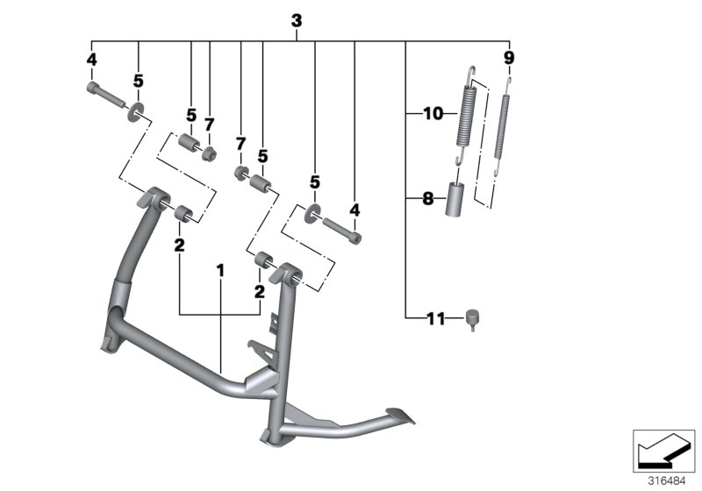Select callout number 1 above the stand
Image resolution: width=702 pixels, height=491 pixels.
click(221, 271)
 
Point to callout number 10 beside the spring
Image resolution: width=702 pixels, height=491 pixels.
click(433, 113)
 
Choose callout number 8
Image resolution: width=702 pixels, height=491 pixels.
click(428, 199)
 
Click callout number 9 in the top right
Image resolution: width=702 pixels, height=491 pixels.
click(509, 58)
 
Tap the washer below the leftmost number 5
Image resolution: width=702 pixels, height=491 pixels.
click(139, 112)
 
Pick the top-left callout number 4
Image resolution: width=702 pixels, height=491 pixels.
click(90, 59)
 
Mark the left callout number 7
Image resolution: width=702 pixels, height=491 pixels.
click(209, 125)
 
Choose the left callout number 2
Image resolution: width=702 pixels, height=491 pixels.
click(178, 245)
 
